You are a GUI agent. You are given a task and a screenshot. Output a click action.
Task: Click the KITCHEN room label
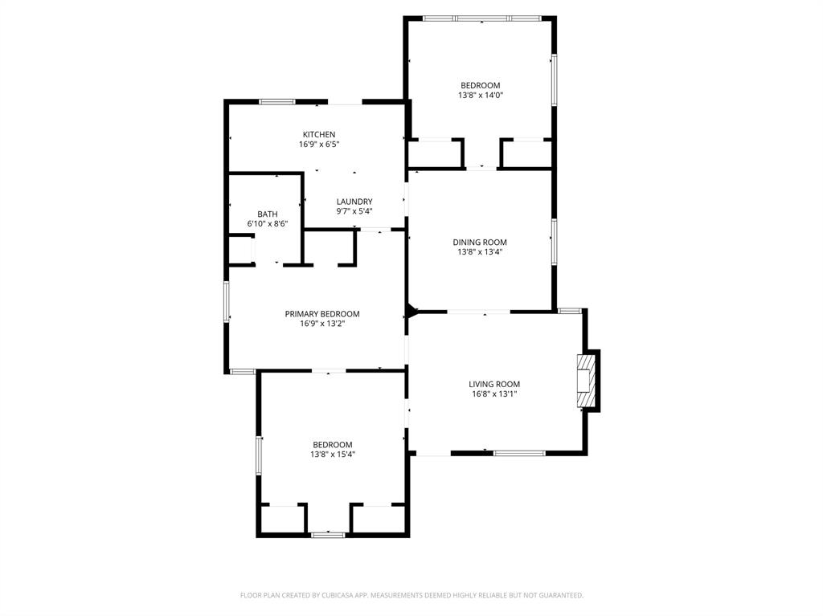pyautogui.click(x=318, y=134)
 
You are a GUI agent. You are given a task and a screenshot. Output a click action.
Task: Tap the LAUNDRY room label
pyautogui.click(x=354, y=202)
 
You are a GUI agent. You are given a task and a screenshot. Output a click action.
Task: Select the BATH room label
pyautogui.click(x=268, y=214)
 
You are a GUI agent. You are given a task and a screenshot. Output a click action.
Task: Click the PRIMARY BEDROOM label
pyautogui.click(x=321, y=314)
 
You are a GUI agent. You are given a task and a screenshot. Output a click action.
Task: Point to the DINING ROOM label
pyautogui.click(x=480, y=242)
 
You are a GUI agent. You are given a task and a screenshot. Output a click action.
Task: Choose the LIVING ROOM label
pyautogui.click(x=495, y=384)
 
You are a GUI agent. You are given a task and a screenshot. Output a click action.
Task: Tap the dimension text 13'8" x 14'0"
pyautogui.click(x=480, y=96)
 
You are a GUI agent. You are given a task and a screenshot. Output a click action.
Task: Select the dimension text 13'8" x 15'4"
pyautogui.click(x=333, y=455)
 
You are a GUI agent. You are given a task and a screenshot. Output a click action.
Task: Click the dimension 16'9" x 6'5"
pyautogui.click(x=318, y=145)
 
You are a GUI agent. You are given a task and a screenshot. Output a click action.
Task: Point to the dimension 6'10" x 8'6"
pyautogui.click(x=268, y=224)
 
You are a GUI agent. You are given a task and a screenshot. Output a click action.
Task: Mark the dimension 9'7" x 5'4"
pyautogui.click(x=354, y=212)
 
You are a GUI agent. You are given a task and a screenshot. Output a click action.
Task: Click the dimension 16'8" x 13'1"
pyautogui.click(x=495, y=394)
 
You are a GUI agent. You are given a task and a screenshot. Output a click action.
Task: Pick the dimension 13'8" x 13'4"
pyautogui.click(x=480, y=252)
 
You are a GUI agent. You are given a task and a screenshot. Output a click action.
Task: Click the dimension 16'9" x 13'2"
pyautogui.click(x=321, y=324)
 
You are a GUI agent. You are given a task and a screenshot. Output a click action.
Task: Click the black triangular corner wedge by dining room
pyautogui.click(x=411, y=311)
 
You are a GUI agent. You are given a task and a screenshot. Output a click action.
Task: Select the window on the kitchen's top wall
pyautogui.click(x=276, y=102)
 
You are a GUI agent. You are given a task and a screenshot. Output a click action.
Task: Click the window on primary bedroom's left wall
pyautogui.click(x=227, y=302)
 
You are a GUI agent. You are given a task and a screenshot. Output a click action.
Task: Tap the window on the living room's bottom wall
pyautogui.click(x=519, y=454)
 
